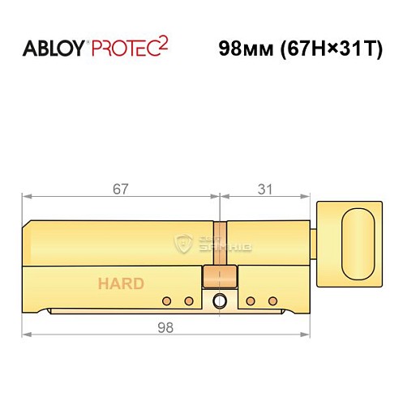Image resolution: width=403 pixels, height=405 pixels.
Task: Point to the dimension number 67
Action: click(x=121, y=188)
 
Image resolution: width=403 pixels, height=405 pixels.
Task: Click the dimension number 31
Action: click(x=264, y=188)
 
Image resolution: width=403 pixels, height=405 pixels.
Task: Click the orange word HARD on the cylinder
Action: click(x=122, y=283)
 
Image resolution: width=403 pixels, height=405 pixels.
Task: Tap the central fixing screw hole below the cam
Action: click(x=217, y=302)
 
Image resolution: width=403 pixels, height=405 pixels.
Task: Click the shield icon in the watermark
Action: click(x=184, y=241)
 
